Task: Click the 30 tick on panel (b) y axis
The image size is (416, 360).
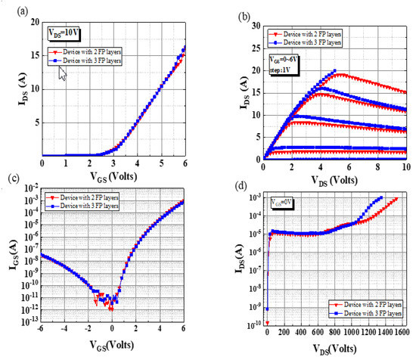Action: pos(253,25)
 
